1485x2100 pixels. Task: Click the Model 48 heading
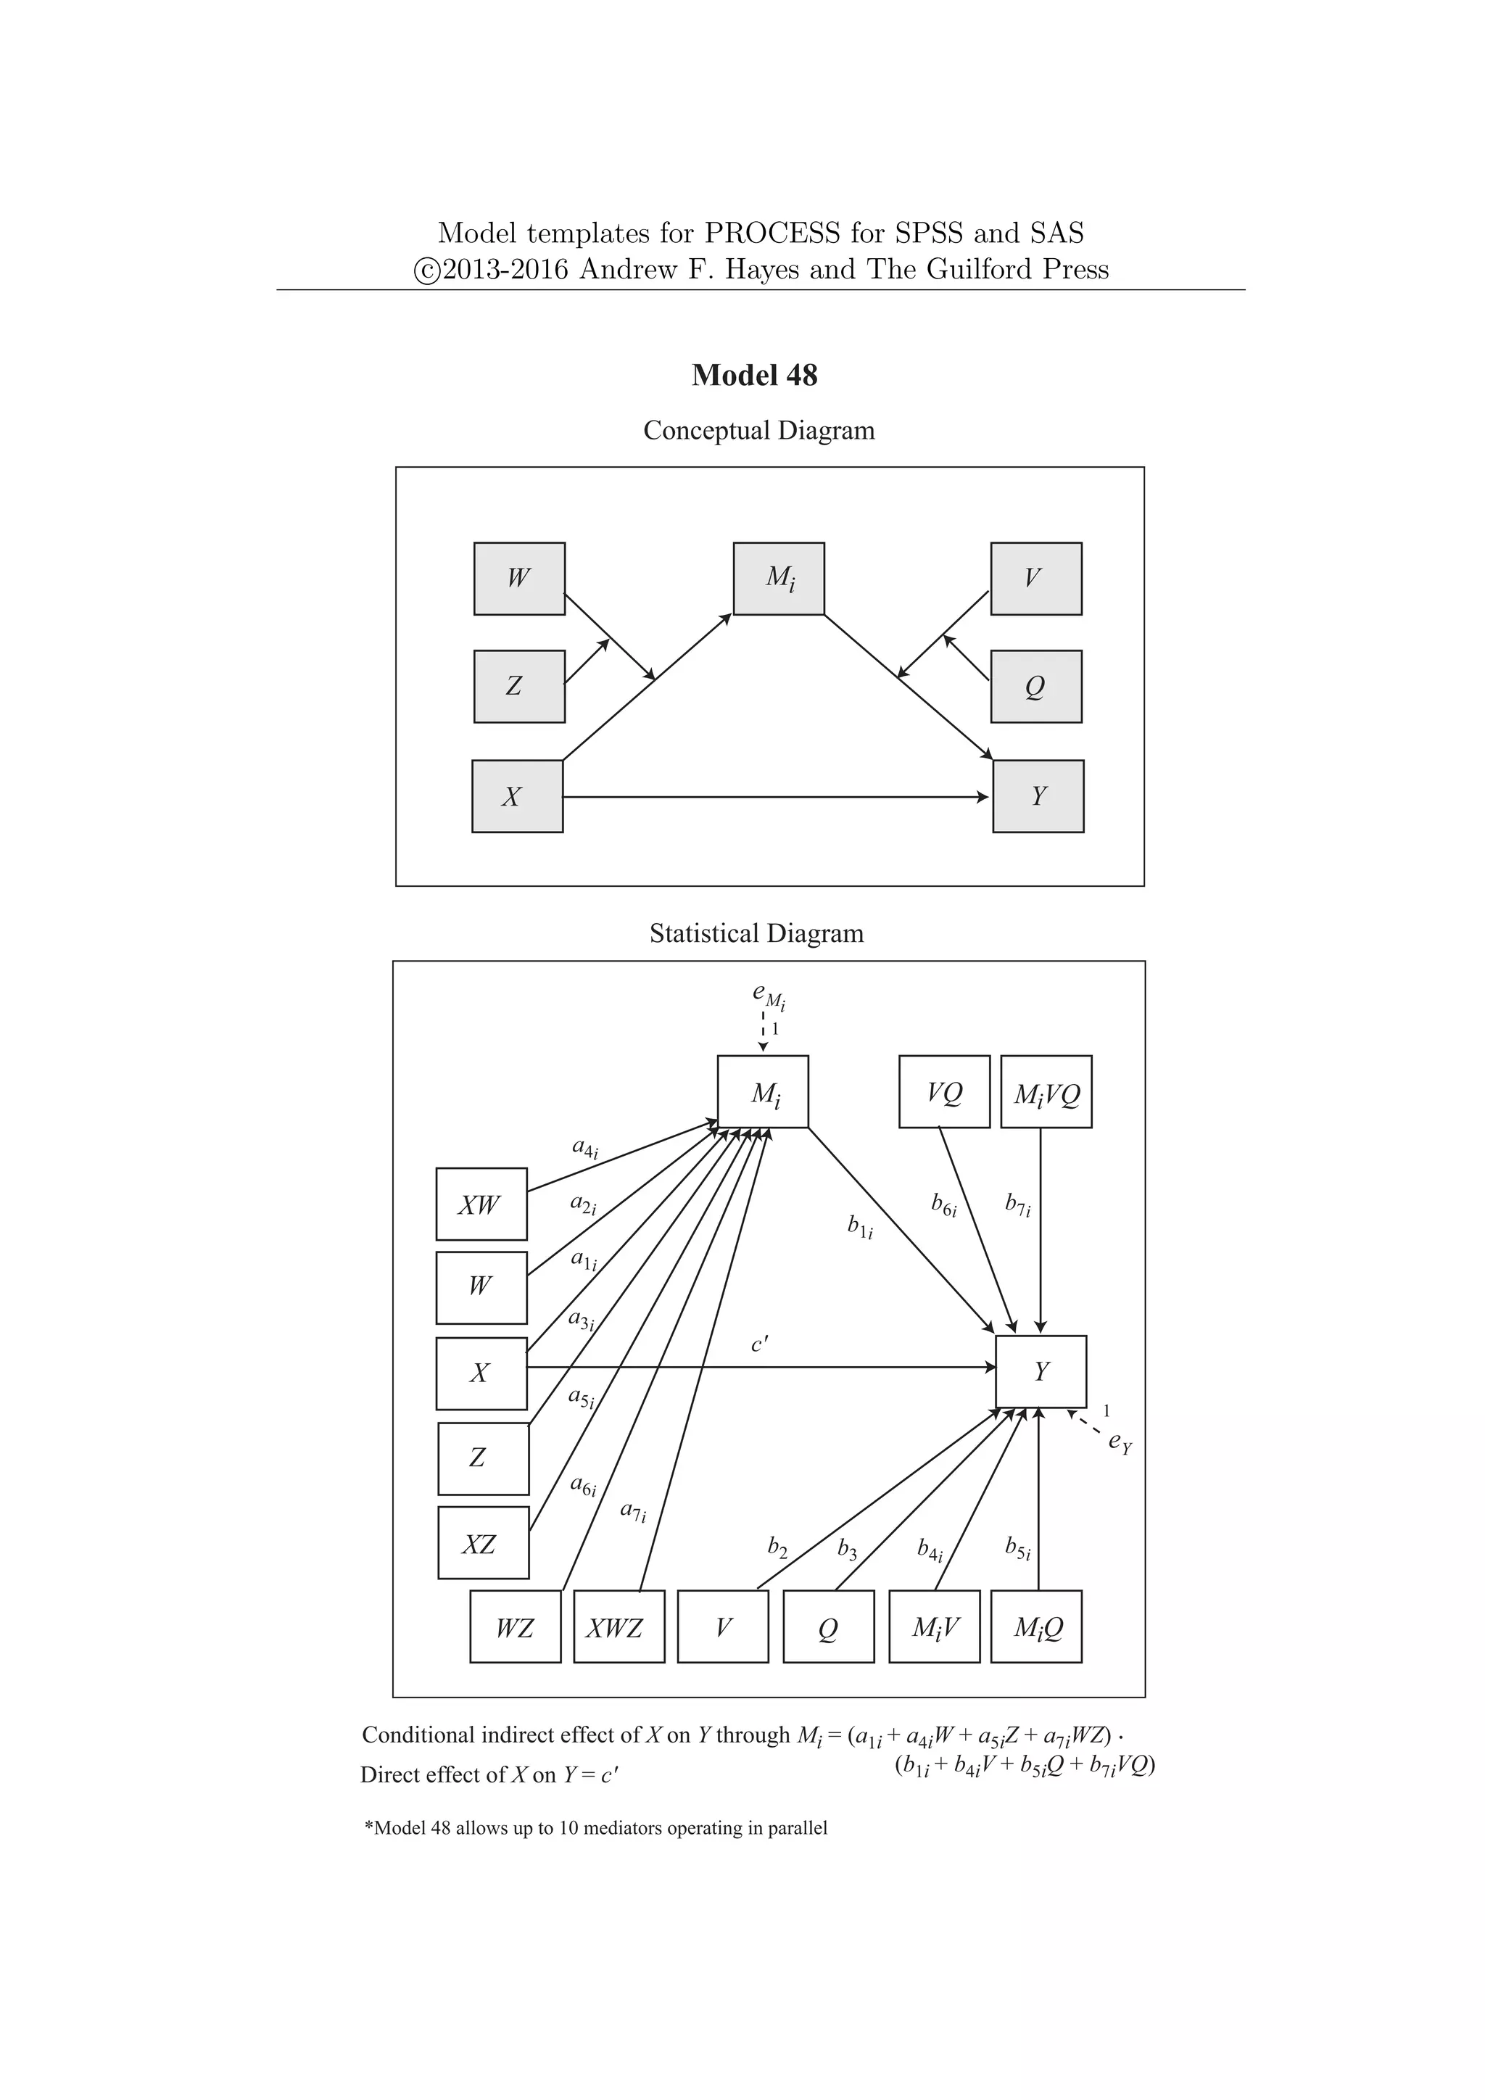[754, 375]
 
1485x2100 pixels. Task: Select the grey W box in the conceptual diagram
[518, 579]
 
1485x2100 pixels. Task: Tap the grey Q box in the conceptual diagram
[1036, 686]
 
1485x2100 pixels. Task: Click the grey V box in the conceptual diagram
[1036, 579]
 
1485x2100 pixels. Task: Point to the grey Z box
[518, 686]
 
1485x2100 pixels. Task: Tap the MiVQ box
[1046, 1092]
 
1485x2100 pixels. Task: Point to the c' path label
[760, 1344]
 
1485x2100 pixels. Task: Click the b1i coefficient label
[859, 1226]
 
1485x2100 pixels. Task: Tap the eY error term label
[1120, 1442]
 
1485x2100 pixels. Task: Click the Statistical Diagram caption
[756, 933]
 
